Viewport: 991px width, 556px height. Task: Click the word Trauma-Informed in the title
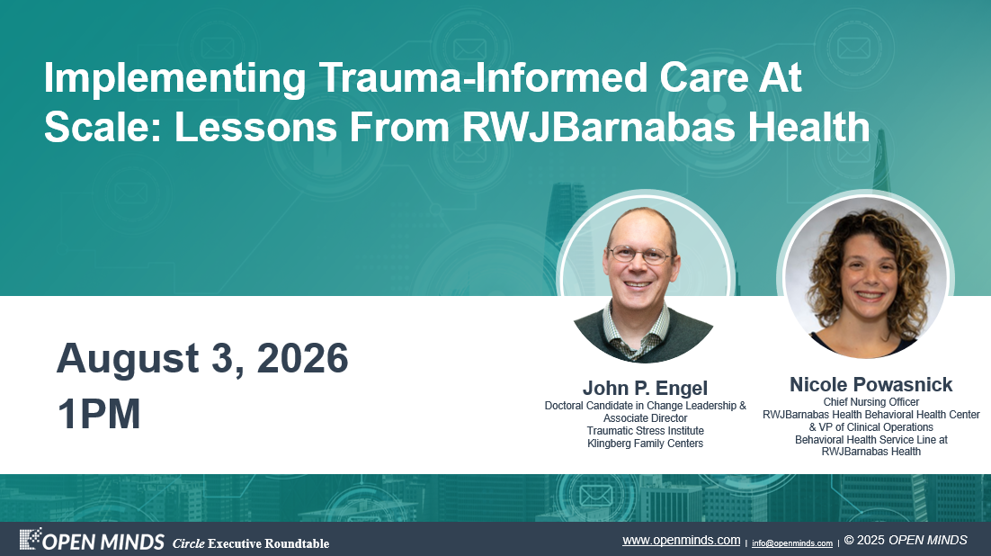(483, 77)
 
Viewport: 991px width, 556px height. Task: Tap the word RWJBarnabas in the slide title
(598, 127)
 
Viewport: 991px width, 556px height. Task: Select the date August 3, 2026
(202, 359)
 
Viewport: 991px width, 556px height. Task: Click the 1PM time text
(99, 415)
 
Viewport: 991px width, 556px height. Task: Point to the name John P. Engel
(645, 388)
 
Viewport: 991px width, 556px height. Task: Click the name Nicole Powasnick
(870, 384)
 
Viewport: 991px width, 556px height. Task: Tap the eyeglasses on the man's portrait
(639, 255)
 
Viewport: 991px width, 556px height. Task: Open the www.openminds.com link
(682, 540)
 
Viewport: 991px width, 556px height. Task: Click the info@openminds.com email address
(792, 543)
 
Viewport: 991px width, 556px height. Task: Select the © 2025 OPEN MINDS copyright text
(906, 540)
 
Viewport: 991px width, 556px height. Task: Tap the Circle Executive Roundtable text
(251, 543)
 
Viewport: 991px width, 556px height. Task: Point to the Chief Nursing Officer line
(870, 401)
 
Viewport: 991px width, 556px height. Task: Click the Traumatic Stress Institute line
(646, 431)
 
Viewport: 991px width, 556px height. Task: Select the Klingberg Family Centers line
(646, 444)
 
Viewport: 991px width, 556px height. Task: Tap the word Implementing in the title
(175, 79)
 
